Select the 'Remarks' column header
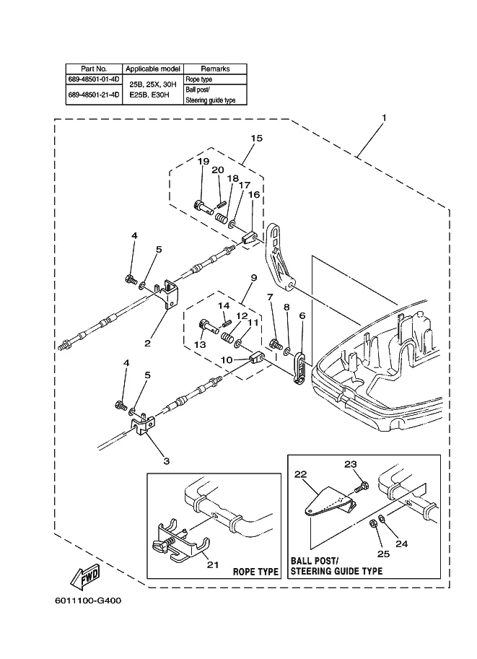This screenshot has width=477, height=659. tap(214, 69)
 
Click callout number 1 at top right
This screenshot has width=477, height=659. tap(384, 117)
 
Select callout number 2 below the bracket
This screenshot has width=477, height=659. tap(147, 344)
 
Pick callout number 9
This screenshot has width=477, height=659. tap(254, 278)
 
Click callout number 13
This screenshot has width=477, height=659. tap(200, 345)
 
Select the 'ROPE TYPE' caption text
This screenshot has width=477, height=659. tap(255, 572)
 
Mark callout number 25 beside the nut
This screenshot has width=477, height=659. tap(380, 553)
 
